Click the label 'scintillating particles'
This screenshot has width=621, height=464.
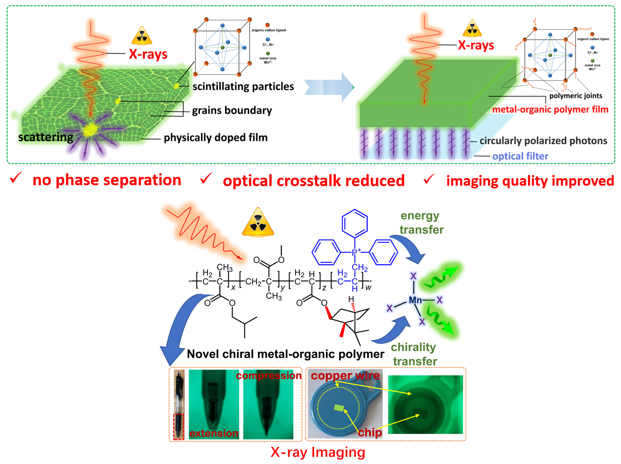(243, 86)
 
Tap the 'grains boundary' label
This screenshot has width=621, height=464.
(232, 110)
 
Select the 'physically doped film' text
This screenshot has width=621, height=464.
(215, 138)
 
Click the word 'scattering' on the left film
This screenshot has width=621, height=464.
(46, 137)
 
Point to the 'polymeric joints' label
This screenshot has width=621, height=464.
(575, 96)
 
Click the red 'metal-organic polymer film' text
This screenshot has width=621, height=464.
(550, 109)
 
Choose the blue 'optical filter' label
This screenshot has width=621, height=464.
(520, 156)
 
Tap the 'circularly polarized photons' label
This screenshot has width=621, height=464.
(543, 141)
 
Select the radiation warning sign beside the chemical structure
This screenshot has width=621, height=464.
(258, 222)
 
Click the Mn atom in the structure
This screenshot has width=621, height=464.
(415, 300)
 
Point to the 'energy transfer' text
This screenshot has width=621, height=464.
(421, 223)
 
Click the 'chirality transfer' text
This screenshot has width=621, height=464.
(414, 354)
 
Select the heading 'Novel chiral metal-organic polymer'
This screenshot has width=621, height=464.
(285, 354)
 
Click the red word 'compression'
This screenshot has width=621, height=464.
(269, 376)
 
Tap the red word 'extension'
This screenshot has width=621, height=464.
(214, 433)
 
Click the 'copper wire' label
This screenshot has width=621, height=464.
(345, 376)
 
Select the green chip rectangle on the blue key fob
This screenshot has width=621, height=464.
(340, 407)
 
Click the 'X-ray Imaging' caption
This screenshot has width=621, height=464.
(318, 452)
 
